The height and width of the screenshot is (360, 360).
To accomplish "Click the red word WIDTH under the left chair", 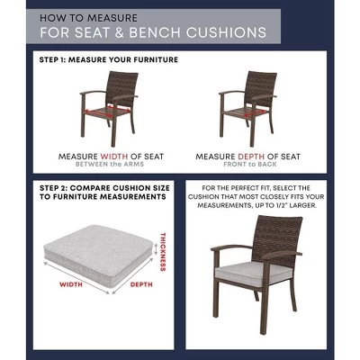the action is pyautogui.click(x=114, y=157).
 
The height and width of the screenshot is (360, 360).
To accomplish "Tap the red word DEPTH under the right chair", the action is pyautogui.click(x=251, y=157).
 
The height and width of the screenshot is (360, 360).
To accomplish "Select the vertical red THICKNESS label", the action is pyautogui.click(x=163, y=252).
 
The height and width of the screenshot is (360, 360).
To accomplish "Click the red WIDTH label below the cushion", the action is pyautogui.click(x=71, y=284).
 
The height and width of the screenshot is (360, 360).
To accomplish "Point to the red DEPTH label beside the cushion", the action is pyautogui.click(x=141, y=284).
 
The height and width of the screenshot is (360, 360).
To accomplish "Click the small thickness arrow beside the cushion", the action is pyautogui.click(x=156, y=249).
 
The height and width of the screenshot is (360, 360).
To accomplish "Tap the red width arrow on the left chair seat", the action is pyautogui.click(x=107, y=111).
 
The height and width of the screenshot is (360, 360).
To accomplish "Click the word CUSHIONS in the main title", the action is pyautogui.click(x=226, y=32).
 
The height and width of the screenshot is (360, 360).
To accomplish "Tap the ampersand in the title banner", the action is pyautogui.click(x=119, y=32).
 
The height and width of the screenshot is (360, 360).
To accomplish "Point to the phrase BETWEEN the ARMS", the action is pyautogui.click(x=110, y=164).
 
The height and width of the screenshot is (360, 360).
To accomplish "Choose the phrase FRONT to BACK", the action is pyautogui.click(x=250, y=164).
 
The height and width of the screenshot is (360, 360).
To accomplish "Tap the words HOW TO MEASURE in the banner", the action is pyautogui.click(x=88, y=18).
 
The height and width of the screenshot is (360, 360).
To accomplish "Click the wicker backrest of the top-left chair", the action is pyautogui.click(x=122, y=87).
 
